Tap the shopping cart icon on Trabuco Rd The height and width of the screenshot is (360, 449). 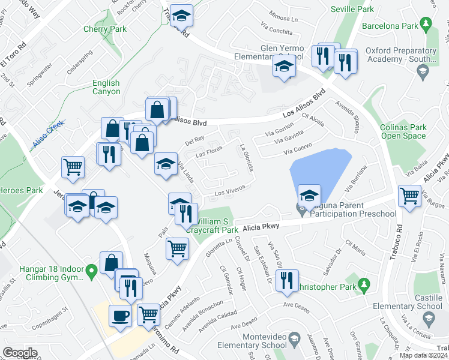pyautogui.click(x=409, y=195)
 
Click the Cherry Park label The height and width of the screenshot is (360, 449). pyautogui.click(x=105, y=29)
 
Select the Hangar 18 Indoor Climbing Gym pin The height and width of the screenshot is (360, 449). pyautogui.click(x=91, y=272)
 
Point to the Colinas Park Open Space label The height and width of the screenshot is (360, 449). pyautogui.click(x=403, y=131)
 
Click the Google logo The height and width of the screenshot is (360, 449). pyautogui.click(x=20, y=352)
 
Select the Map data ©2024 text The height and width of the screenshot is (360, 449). pyautogui.click(x=423, y=355)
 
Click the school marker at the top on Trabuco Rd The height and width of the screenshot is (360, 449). pyautogui.click(x=180, y=16)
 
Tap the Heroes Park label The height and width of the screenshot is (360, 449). pyautogui.click(x=21, y=190)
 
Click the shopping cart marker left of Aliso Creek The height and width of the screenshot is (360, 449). pyautogui.click(x=73, y=167)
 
